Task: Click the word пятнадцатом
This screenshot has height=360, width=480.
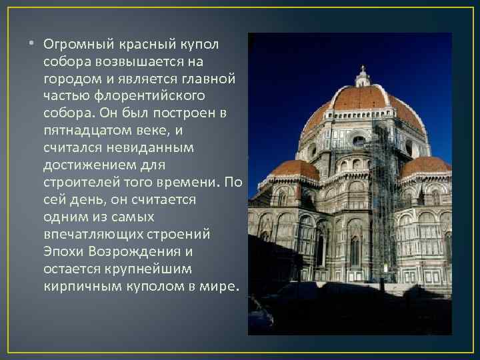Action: (84, 131)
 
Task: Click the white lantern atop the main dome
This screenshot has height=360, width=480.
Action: (362, 77)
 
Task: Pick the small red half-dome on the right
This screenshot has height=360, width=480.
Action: (425, 165)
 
